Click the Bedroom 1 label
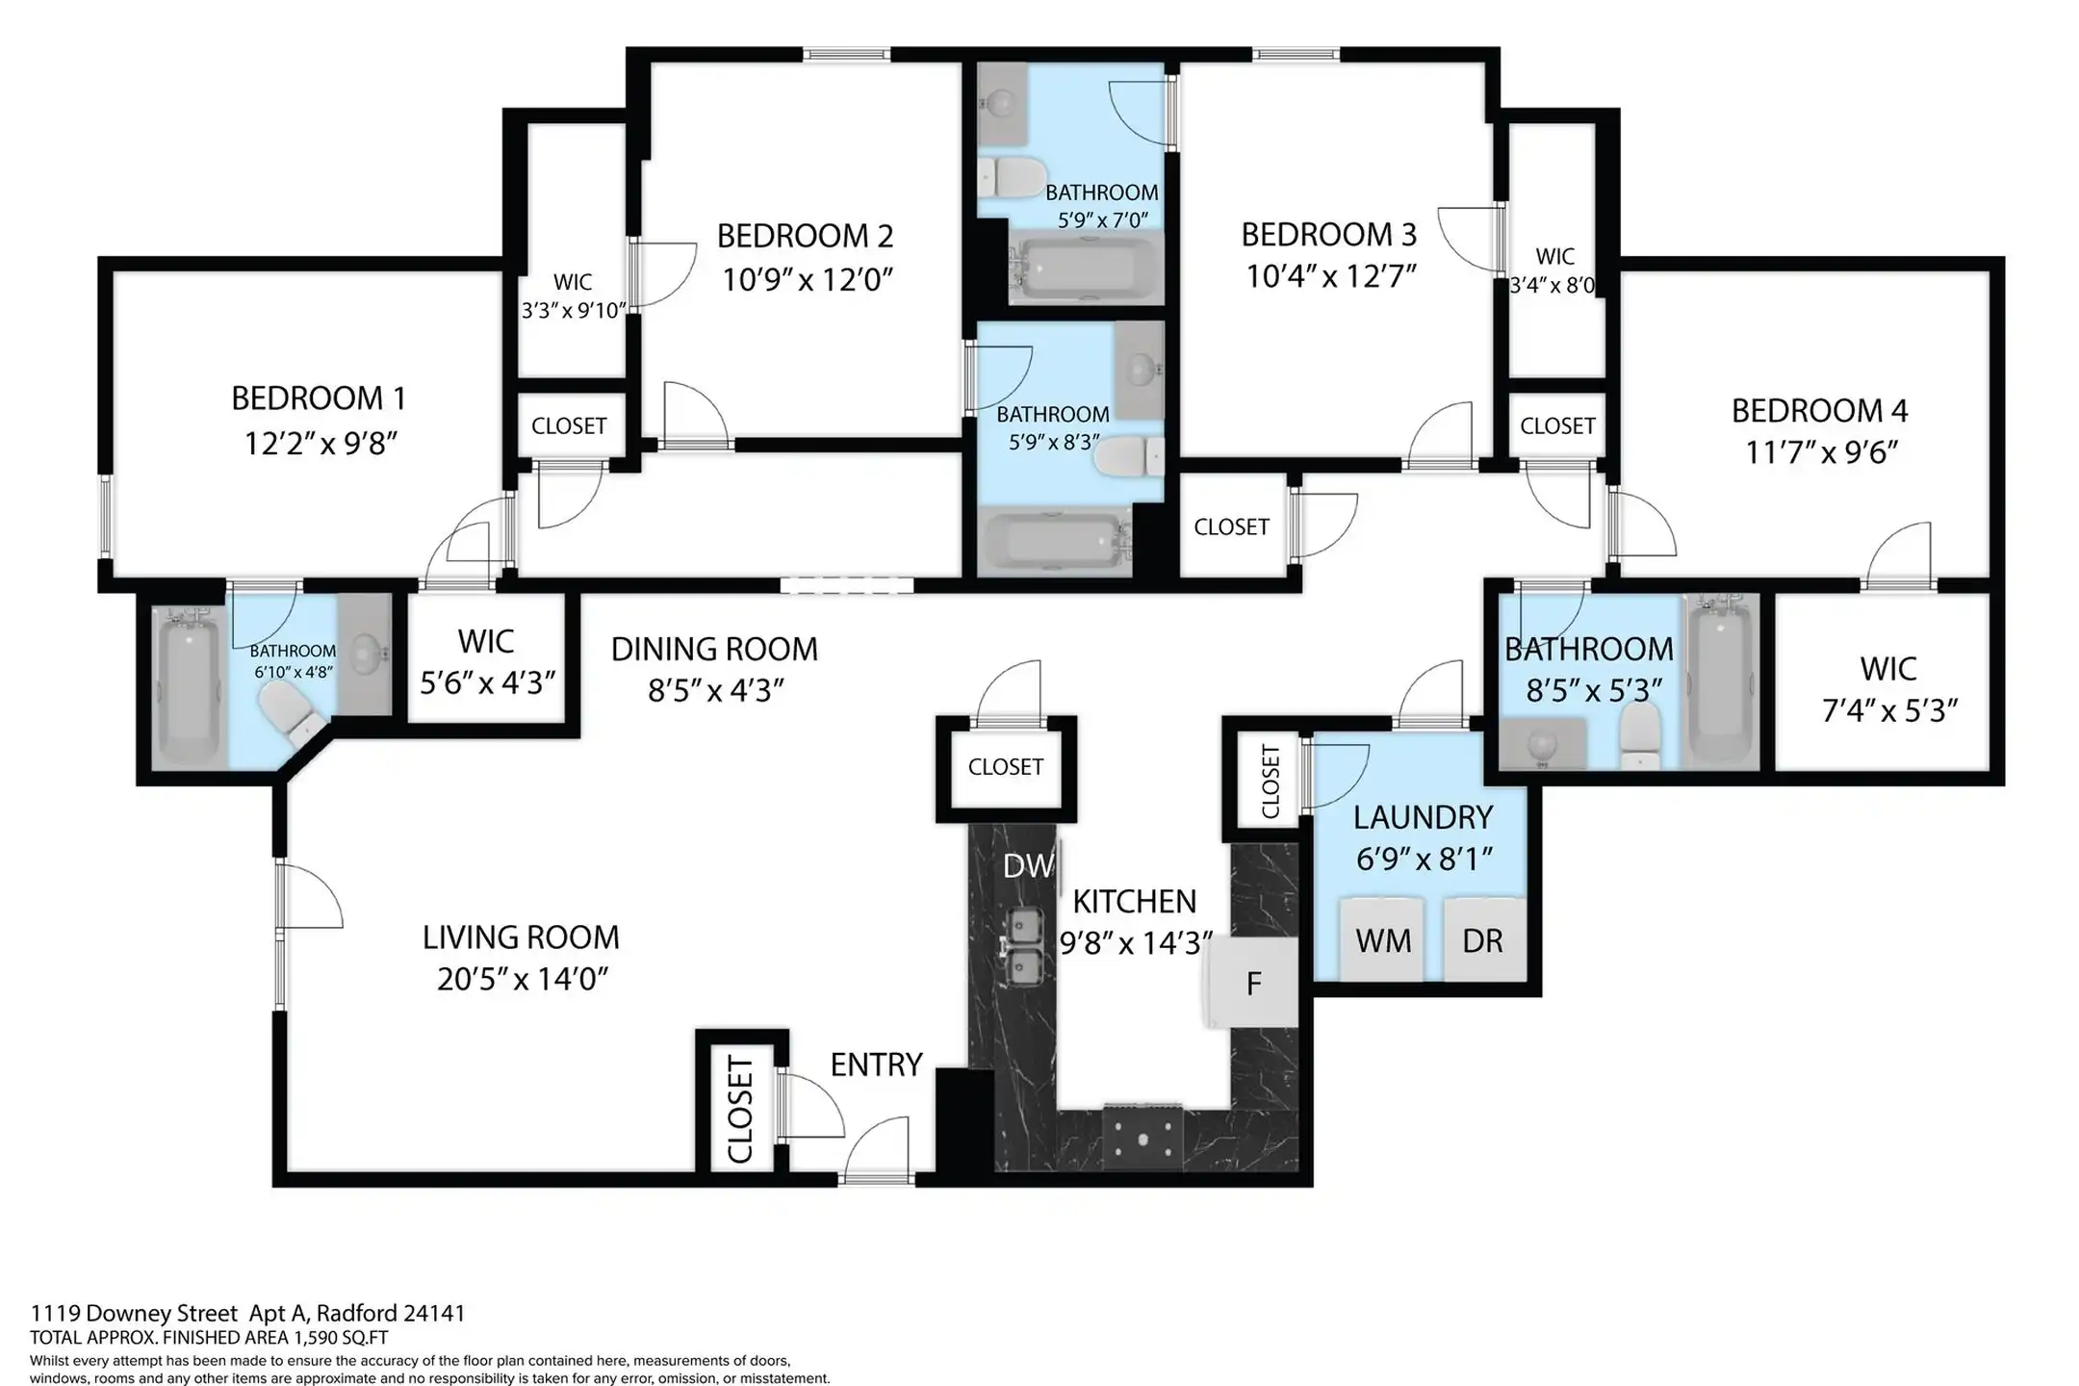point(319,398)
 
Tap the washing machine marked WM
point(1382,939)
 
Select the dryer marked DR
point(1484,939)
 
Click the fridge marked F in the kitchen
point(1250,983)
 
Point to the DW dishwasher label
point(1028,866)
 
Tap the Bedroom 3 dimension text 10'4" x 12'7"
point(1331,277)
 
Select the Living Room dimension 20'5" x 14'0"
point(522,980)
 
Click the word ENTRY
point(876,1065)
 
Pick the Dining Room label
point(714,650)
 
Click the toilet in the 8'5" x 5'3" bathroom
point(1639,734)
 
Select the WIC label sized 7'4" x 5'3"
point(1888,669)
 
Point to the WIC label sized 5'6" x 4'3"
point(486,641)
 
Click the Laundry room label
point(1423,817)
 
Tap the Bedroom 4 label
point(1819,411)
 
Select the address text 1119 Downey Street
point(134,1314)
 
